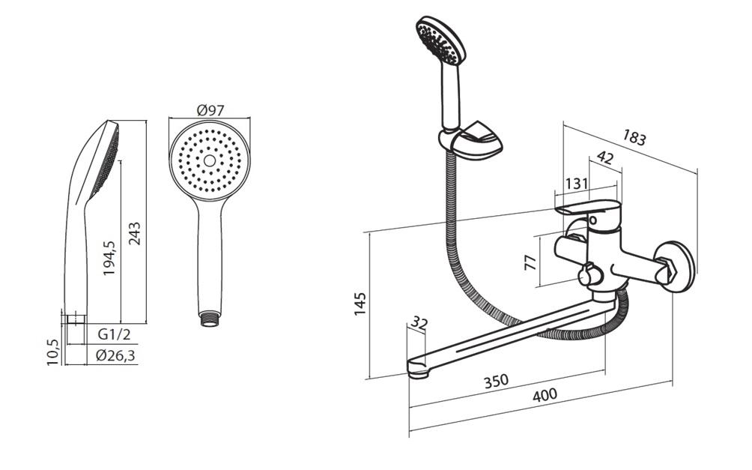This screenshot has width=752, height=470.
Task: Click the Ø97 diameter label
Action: tap(210, 110)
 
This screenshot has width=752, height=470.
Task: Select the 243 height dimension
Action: tap(135, 233)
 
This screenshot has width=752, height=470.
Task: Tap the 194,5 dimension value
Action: tap(110, 258)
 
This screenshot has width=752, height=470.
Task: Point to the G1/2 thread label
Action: tap(114, 334)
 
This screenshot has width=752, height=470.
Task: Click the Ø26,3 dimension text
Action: tap(115, 355)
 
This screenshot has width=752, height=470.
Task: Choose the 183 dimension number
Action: tap(634, 138)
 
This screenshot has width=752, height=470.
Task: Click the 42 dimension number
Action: tap(604, 157)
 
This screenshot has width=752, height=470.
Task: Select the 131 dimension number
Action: tap(577, 184)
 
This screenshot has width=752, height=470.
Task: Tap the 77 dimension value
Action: tap(530, 262)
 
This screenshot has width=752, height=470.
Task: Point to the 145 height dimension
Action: tap(360, 304)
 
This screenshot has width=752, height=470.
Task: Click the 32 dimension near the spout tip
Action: tap(419, 323)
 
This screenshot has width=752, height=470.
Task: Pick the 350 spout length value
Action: tap(496, 382)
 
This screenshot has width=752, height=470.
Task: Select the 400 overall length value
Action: tap(545, 395)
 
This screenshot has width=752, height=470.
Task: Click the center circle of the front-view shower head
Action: tap(210, 160)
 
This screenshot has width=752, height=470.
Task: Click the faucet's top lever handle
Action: tap(587, 208)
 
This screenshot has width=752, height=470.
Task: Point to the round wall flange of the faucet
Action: tap(676, 266)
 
